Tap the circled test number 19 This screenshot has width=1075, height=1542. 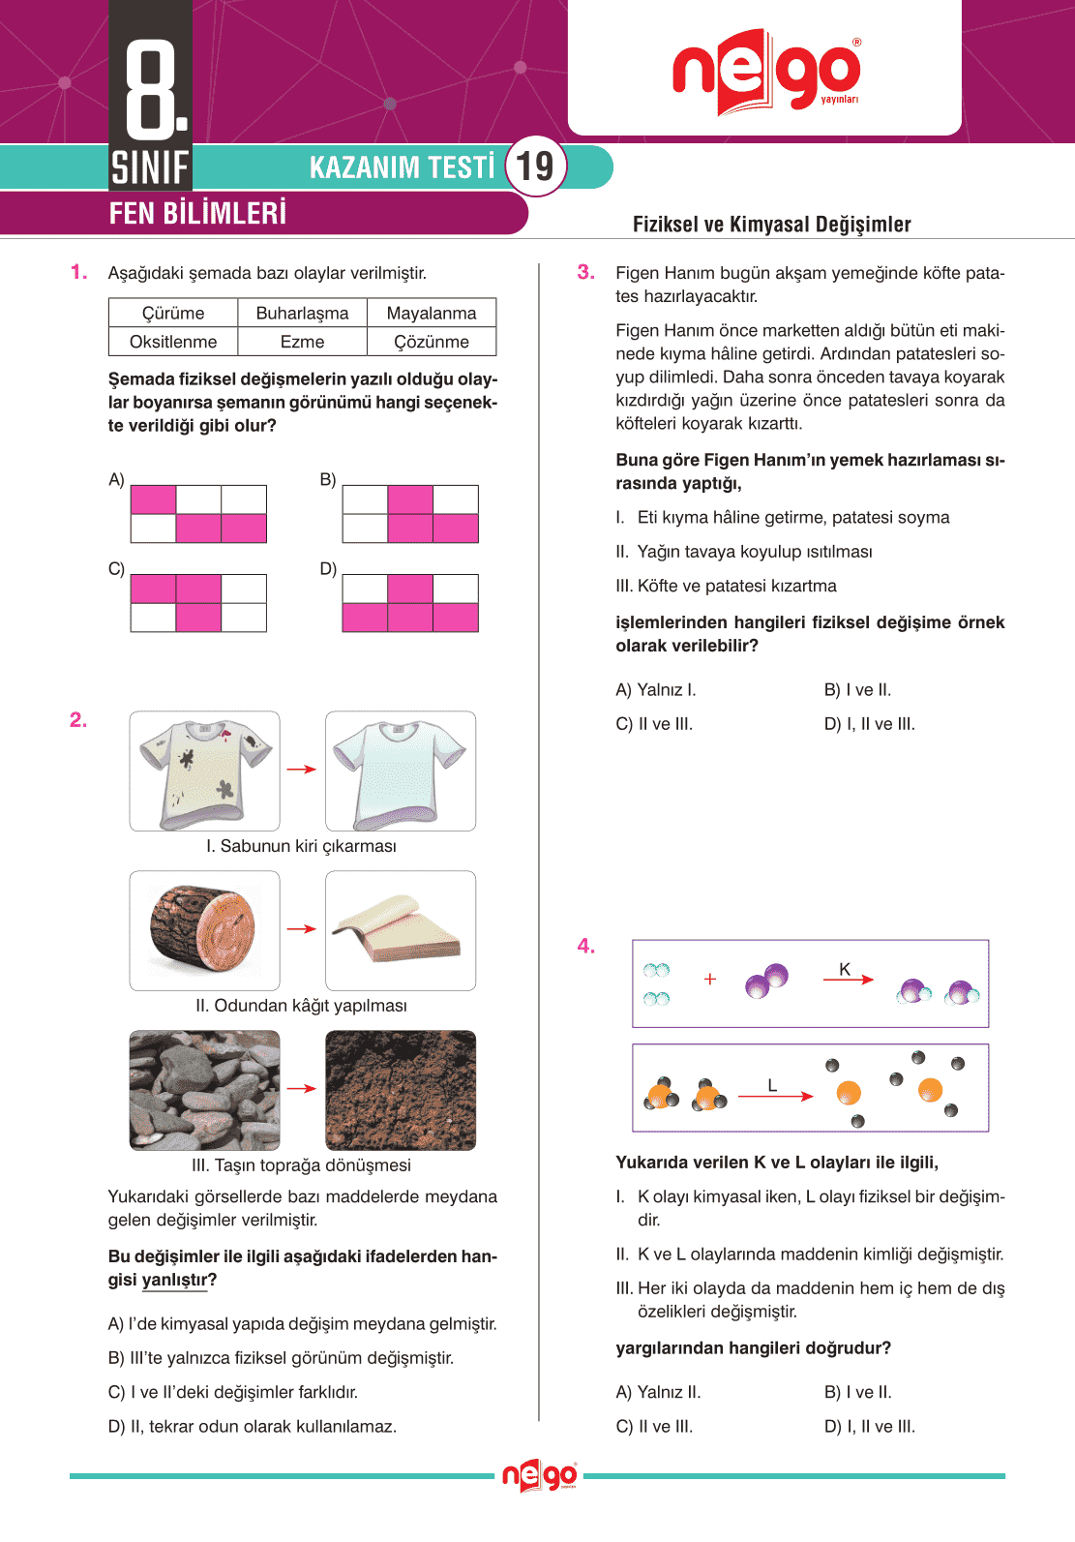click(x=535, y=166)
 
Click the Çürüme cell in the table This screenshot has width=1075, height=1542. click(x=173, y=313)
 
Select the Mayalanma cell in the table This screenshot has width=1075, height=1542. click(x=432, y=313)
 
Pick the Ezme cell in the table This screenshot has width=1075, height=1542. click(x=302, y=342)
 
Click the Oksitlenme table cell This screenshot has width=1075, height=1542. click(x=173, y=342)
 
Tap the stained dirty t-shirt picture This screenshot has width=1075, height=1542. click(x=205, y=771)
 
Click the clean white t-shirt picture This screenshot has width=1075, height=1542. click(x=401, y=771)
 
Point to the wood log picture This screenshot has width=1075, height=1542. click(x=205, y=930)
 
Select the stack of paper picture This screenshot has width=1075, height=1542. click(x=401, y=930)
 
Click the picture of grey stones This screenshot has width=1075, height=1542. click(x=205, y=1090)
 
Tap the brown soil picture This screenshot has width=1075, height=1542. click(x=401, y=1090)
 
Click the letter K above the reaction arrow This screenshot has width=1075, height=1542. click(x=845, y=969)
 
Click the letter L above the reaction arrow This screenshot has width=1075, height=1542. click(x=772, y=1085)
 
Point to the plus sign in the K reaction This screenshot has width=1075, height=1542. click(x=710, y=979)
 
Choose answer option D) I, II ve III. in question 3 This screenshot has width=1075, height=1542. click(x=869, y=724)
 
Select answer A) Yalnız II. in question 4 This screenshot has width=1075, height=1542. click(x=658, y=1392)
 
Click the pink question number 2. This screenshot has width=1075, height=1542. click(x=78, y=720)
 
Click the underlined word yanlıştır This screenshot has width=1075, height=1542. click(x=175, y=1280)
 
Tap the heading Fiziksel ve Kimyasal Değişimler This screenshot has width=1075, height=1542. click(x=771, y=225)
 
